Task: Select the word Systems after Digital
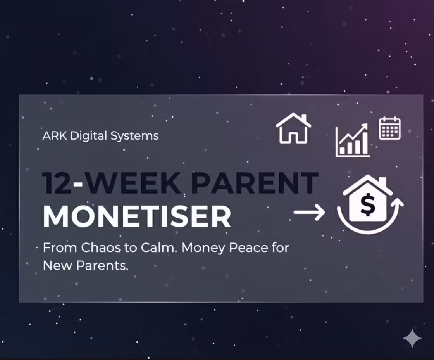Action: coord(134,136)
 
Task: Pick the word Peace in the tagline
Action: coord(248,247)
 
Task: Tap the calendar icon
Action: coord(389,128)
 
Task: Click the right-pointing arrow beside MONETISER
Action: coord(309,213)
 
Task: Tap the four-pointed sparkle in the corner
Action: coord(412,338)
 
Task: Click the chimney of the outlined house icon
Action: coord(303,118)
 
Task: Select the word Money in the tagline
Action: coord(204,247)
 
